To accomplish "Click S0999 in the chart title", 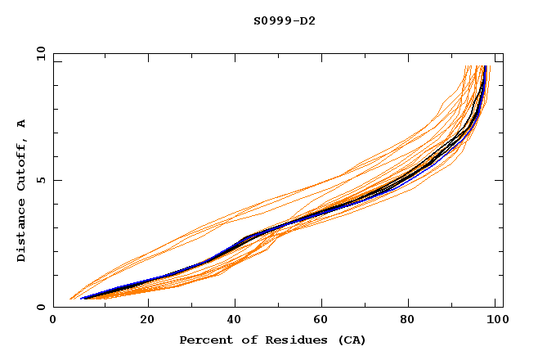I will click(x=271, y=20).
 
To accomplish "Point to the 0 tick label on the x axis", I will click(x=53, y=320).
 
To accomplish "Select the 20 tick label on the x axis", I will click(x=147, y=320).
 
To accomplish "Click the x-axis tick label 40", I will click(x=236, y=320).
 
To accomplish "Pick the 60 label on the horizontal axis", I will click(x=325, y=320).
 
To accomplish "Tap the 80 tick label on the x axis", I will click(x=414, y=320).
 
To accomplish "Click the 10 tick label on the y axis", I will click(x=40, y=53).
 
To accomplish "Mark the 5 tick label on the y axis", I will click(x=43, y=180).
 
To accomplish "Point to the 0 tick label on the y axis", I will click(x=43, y=307).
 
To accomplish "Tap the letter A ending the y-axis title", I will click(x=21, y=124).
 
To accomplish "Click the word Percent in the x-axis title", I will click(x=204, y=340).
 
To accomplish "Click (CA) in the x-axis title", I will click(x=347, y=340).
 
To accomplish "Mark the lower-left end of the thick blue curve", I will click(x=81, y=299).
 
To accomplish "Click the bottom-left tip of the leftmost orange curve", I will click(x=70, y=299).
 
